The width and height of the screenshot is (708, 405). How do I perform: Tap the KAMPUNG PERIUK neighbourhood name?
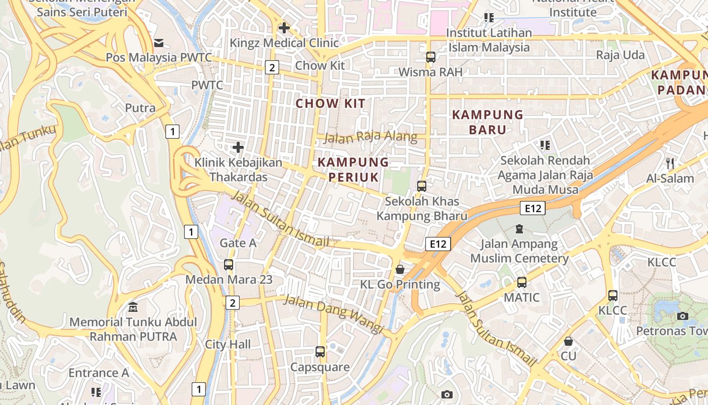(x=353, y=170)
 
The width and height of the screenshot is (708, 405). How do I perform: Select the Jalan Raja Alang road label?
(x=370, y=137)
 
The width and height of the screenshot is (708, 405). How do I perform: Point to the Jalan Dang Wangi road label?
(x=334, y=314)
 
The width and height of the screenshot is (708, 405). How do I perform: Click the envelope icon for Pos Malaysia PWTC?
(x=159, y=43)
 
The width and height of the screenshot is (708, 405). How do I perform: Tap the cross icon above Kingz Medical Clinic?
(x=284, y=28)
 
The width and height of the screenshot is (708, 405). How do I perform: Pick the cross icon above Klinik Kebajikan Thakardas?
(x=238, y=148)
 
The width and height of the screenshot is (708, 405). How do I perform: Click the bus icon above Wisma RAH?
(x=430, y=57)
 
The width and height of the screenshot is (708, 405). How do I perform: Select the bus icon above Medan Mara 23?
(x=229, y=265)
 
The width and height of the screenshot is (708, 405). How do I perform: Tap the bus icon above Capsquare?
(x=320, y=352)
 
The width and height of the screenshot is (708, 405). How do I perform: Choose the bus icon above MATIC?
(x=521, y=282)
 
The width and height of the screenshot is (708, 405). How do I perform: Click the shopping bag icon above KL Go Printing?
(x=400, y=269)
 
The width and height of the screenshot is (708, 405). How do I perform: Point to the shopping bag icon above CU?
(x=568, y=341)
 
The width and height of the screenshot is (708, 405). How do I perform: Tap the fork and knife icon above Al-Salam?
(x=670, y=164)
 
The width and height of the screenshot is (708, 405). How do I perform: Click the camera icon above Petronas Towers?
(x=682, y=316)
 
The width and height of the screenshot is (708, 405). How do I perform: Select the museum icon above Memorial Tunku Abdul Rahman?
(x=133, y=307)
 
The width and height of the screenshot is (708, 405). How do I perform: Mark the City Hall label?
(x=228, y=345)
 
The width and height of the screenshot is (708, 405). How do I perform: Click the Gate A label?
(x=238, y=243)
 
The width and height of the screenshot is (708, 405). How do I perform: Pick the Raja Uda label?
(x=620, y=55)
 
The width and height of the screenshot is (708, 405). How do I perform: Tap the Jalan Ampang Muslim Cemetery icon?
(x=519, y=229)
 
